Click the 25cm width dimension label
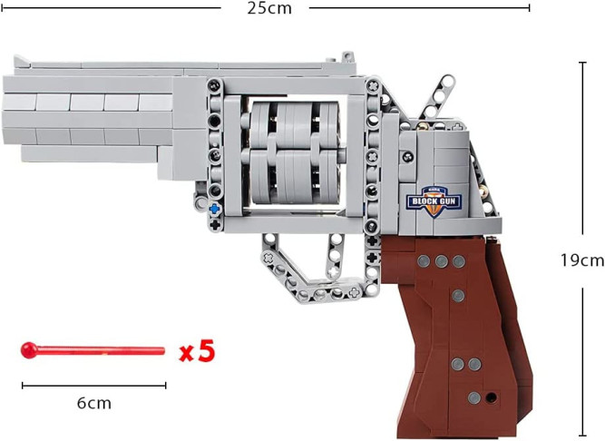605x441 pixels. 269,8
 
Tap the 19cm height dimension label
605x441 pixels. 581,260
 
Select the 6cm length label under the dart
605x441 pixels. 94,403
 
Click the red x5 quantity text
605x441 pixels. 197,351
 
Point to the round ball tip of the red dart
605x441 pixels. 29,350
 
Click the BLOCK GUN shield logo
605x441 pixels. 434,201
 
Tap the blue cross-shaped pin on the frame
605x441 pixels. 215,209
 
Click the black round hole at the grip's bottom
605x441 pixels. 492,397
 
